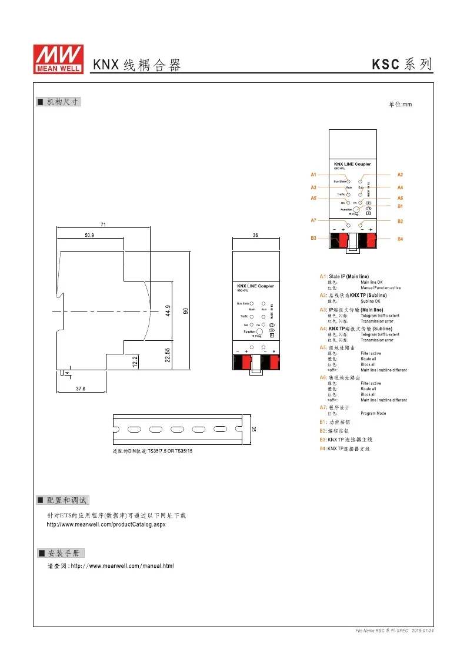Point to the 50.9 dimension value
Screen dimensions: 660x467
pos(89,235)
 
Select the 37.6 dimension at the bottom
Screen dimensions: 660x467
pos(81,389)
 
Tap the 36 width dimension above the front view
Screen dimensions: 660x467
pos(255,235)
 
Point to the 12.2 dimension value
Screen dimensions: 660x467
pos(135,361)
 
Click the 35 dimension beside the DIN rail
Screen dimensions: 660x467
pos(254,430)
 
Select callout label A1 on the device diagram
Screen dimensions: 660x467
pos(314,175)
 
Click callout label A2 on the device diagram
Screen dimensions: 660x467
pos(400,175)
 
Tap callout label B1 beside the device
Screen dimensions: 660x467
pos(400,206)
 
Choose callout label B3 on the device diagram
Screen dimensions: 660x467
pos(314,238)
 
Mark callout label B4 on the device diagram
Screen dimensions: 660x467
pos(400,239)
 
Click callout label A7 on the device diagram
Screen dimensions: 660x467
pos(314,220)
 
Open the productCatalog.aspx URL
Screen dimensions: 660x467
pos(106,524)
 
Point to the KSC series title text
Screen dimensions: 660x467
pos(402,65)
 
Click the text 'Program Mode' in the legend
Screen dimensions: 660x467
pos(373,413)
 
